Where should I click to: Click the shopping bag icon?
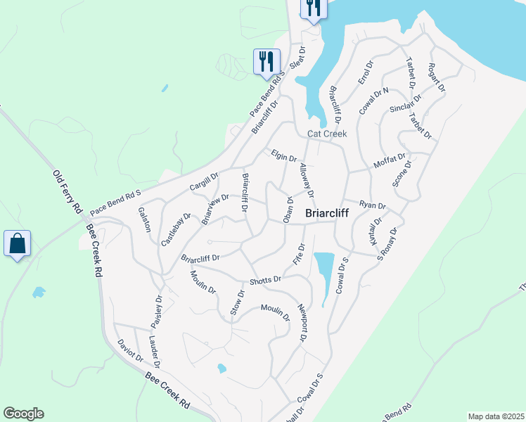pos(17,244)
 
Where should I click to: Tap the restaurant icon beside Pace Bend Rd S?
pos(267,61)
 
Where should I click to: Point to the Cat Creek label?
pos(327,134)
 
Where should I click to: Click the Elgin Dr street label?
pos(284,155)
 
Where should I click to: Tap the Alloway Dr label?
pos(306,180)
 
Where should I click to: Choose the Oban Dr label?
pos(288,209)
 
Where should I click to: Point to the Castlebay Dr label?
pos(176,229)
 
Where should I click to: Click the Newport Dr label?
pos(302,323)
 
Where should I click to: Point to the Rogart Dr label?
pos(436,77)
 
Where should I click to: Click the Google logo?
pos(23,414)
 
